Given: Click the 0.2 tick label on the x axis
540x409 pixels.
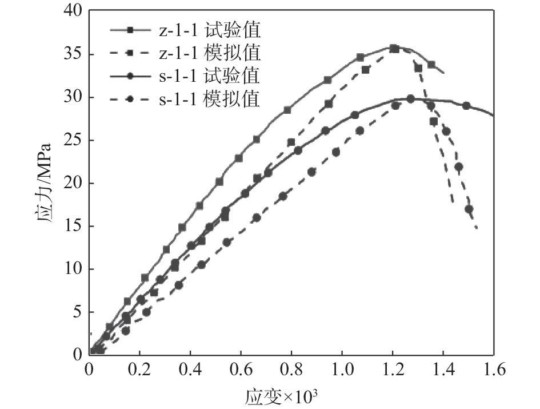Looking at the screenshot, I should click(x=139, y=370).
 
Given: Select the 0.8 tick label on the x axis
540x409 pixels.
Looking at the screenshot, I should click(x=291, y=370).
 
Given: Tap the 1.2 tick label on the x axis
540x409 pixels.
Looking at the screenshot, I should click(x=392, y=370).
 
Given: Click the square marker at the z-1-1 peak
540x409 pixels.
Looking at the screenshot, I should click(x=394, y=49).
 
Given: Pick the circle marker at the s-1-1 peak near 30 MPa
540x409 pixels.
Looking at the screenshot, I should click(x=410, y=99).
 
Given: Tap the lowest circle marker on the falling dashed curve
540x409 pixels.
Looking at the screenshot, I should click(x=469, y=209).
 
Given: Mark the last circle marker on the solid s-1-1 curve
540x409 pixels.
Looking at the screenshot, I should click(x=466, y=106).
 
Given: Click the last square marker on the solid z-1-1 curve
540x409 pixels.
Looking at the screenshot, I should click(x=431, y=65).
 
